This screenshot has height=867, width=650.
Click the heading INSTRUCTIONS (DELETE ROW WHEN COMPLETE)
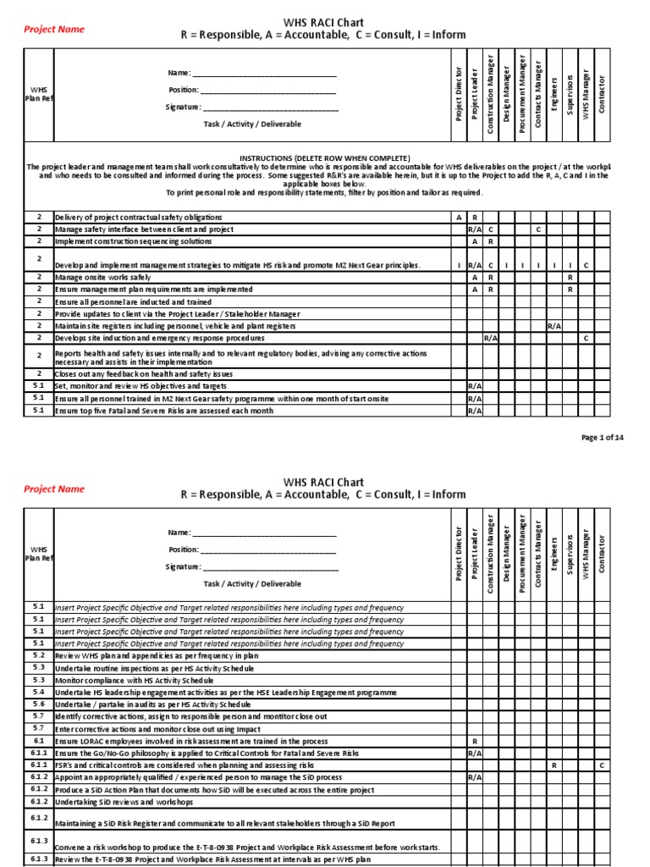click(x=325, y=158)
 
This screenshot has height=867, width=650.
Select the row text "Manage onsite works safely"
click(x=102, y=277)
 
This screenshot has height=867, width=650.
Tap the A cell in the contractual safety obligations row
click(x=459, y=218)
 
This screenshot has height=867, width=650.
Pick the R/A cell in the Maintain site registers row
click(x=555, y=325)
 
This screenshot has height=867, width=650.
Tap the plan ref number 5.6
click(x=39, y=704)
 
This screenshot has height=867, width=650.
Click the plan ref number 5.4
click(x=39, y=692)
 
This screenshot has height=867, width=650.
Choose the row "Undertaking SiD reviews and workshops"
click(x=124, y=802)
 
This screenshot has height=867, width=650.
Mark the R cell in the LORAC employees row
click(x=475, y=741)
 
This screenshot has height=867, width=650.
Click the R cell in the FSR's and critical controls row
click(x=554, y=765)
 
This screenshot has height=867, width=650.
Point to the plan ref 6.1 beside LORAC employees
click(x=39, y=741)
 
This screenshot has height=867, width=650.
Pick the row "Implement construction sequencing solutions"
click(x=132, y=240)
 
